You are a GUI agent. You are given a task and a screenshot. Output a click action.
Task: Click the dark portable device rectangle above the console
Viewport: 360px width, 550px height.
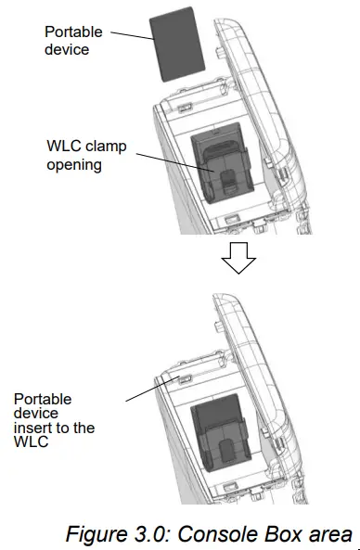tap(177, 53)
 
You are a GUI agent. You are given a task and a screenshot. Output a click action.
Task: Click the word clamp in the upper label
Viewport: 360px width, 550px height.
tap(108, 147)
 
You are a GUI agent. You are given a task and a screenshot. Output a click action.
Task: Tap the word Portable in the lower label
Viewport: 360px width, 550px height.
tap(41, 399)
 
